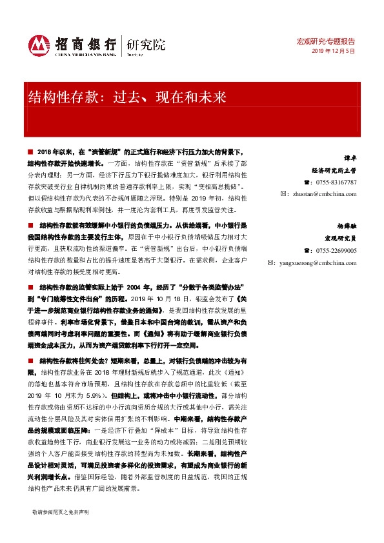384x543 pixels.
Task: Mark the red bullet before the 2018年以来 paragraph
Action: [x=30, y=150]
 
